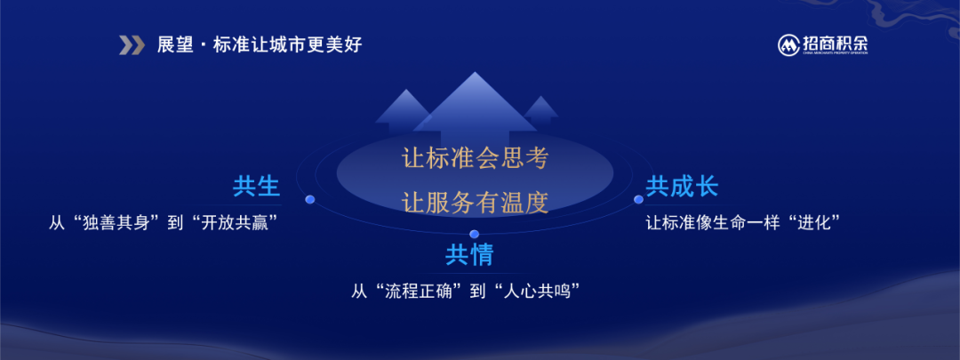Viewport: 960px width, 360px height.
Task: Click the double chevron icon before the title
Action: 132,45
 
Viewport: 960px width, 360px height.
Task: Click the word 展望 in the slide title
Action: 176,45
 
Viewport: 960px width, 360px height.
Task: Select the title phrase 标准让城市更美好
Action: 288,45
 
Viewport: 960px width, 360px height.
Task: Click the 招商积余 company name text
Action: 835,43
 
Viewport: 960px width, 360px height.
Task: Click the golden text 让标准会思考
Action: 475,158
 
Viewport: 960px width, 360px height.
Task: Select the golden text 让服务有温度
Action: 475,202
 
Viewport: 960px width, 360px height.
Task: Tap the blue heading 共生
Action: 257,187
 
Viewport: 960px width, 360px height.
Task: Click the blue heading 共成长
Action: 682,187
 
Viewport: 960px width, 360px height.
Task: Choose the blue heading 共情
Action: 469,255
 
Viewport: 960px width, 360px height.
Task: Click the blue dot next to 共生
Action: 310,199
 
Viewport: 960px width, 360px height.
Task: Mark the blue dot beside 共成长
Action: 638,200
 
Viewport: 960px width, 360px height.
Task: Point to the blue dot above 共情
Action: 474,234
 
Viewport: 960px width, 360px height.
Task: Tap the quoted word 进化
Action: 813,221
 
